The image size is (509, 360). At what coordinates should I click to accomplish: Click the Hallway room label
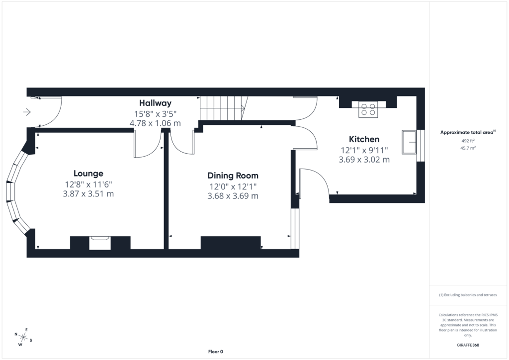click(155, 103)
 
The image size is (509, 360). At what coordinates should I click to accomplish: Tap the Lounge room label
click(88, 174)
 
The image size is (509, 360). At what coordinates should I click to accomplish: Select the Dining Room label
click(233, 176)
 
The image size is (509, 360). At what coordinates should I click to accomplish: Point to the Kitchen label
click(364, 139)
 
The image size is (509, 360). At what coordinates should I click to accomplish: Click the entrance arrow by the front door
click(27, 112)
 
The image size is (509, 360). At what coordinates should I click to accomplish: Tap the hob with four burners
click(368, 109)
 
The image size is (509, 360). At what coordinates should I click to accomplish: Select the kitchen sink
click(409, 142)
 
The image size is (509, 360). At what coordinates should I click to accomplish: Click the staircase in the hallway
click(224, 108)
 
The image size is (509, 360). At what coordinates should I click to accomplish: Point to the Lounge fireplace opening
click(100, 243)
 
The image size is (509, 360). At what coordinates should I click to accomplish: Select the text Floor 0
click(216, 352)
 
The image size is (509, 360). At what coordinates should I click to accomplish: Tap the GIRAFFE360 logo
click(468, 345)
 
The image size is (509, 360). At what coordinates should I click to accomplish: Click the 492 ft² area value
click(468, 141)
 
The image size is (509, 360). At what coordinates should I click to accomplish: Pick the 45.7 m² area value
click(468, 148)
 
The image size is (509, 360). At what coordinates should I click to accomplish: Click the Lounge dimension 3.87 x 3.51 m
click(88, 194)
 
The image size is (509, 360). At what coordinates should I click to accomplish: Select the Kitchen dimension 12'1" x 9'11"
click(364, 150)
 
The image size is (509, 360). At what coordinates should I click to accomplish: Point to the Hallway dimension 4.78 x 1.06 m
click(155, 123)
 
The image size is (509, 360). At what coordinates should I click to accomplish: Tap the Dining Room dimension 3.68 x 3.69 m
click(233, 196)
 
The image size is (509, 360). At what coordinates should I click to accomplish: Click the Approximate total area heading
click(468, 132)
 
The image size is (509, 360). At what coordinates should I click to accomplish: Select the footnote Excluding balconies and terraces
click(468, 295)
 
